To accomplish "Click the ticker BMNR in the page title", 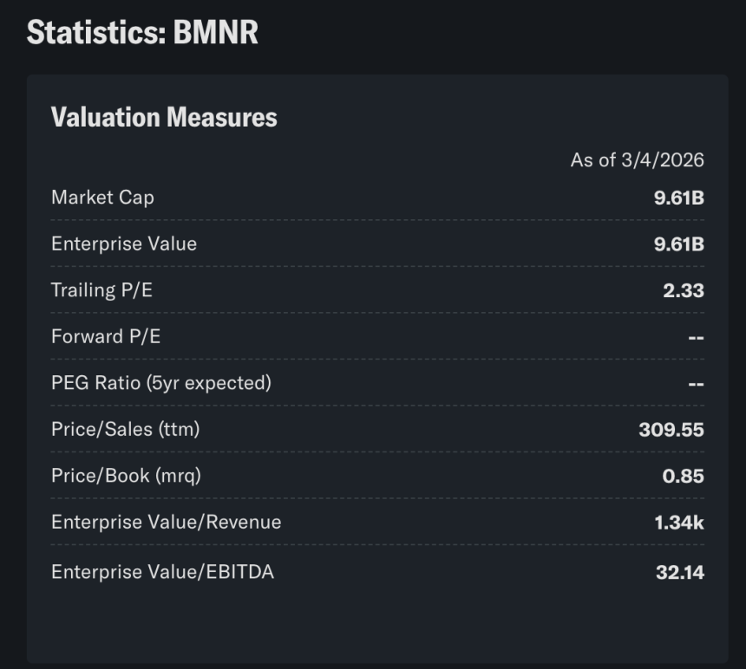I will [215, 33].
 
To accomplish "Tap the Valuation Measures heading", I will [164, 118].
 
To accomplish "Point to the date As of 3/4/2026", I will [637, 160].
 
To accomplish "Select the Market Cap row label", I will [102, 198].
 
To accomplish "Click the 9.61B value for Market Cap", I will [678, 198].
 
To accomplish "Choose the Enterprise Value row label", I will [124, 244].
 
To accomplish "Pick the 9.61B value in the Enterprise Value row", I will [678, 244].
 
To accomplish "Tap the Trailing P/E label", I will [101, 290].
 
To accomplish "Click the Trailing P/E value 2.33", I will [683, 290].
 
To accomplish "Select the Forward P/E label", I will [106, 336].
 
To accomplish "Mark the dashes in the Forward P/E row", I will [696, 337].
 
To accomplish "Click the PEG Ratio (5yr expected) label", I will [161, 382].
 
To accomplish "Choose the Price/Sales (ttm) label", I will [125, 428].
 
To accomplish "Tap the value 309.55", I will [671, 429].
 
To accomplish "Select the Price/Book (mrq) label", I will [126, 475].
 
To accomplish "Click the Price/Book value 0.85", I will [683, 476].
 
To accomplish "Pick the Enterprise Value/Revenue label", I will [167, 522].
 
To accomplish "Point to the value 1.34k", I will [679, 522].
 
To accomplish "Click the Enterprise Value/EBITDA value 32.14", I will [680, 572].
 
